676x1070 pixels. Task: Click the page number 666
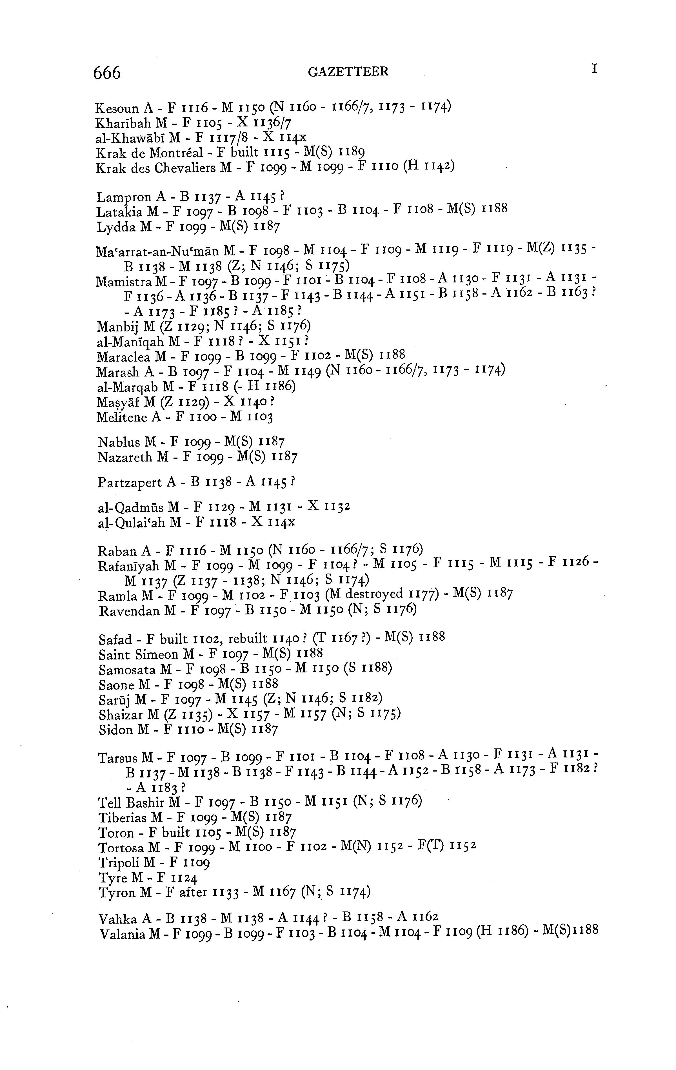coord(107,72)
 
